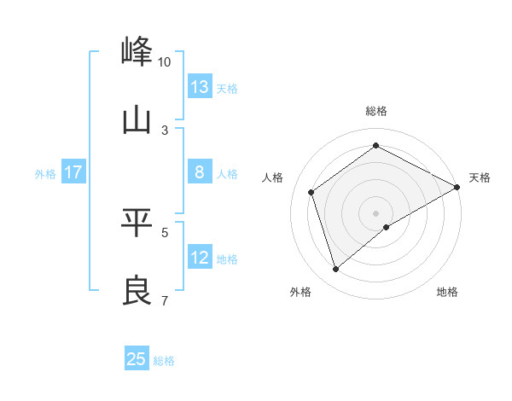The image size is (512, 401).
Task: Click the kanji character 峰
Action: pos(137,51)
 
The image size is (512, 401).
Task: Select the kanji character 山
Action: pos(137,119)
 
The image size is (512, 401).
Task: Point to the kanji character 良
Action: pos(137,290)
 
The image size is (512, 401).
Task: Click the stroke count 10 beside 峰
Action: pos(164,62)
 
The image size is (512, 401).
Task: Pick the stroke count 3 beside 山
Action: pos(165,131)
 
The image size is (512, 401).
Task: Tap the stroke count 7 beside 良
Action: pos(165,300)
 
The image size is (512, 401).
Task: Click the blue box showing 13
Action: pos(200,87)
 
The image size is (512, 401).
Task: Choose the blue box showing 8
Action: pos(200,172)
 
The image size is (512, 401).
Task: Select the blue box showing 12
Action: pos(200,258)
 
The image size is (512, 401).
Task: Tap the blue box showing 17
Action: pos(73,172)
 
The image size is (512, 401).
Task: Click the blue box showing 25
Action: pos(137,359)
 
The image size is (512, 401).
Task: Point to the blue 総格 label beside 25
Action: pos(164,361)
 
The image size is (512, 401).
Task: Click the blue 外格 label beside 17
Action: pos(45,174)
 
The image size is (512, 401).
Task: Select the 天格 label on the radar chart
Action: pos(480,177)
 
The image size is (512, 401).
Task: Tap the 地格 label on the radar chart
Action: pos(447,292)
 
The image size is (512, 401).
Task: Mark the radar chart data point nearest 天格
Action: pos(457,188)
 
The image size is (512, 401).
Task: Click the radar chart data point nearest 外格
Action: pos(336,270)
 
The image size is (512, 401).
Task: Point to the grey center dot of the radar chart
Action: pos(376,212)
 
